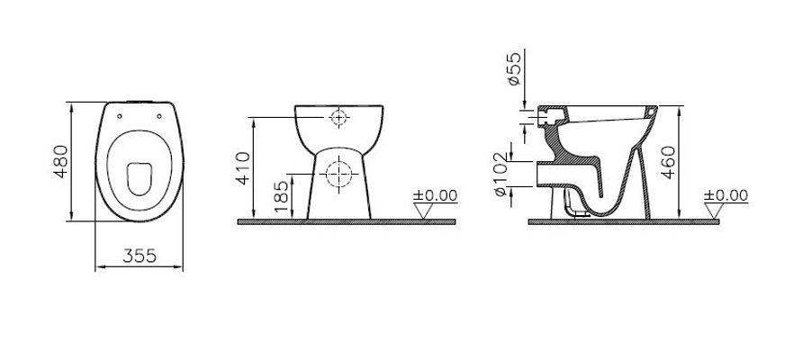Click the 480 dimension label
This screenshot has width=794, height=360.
coord(61,161)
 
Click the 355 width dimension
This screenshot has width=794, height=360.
coord(140,256)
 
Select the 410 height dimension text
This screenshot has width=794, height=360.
coord(244,168)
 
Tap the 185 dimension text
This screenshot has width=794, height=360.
coord(282,196)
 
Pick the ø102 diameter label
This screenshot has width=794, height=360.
coord(500,175)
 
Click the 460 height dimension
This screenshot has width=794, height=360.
coord(668,162)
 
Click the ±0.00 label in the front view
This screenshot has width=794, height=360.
coord(435,195)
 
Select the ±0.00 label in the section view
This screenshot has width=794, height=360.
coord(726,195)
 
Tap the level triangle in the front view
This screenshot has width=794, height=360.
coord(423,210)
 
